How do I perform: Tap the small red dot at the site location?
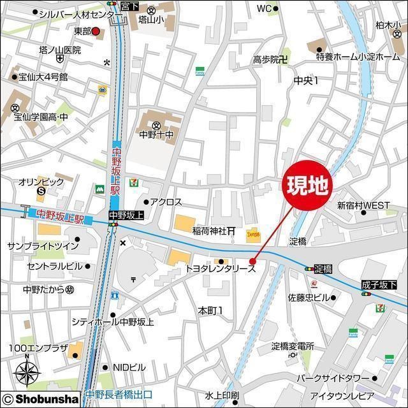tap(252, 261)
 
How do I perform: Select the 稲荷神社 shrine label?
tap(210, 230)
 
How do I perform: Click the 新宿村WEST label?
tap(363, 205)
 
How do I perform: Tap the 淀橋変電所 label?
tap(293, 346)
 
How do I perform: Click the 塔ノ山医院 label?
tap(60, 50)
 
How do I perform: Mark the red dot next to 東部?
tap(96, 31)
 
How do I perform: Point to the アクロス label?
tap(166, 202)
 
